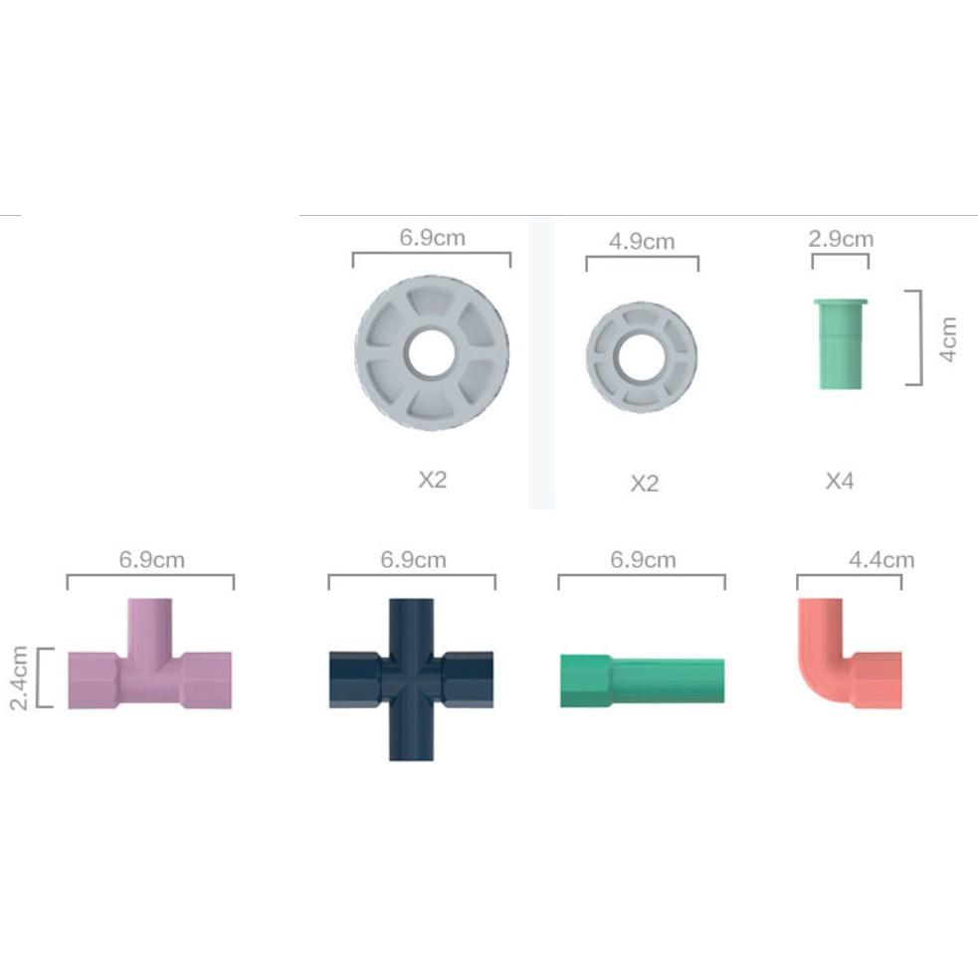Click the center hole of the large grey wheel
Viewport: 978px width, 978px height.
[x=432, y=353]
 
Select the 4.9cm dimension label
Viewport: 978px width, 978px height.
[x=642, y=242]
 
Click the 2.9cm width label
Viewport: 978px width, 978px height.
[x=841, y=239]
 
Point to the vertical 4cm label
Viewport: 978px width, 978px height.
[x=948, y=338]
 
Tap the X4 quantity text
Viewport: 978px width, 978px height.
[x=840, y=481]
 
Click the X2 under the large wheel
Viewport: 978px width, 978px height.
[x=432, y=480]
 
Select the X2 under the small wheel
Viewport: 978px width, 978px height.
[x=645, y=484]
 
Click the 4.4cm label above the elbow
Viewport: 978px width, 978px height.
[x=881, y=560]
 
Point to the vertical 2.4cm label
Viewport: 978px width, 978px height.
[x=19, y=678]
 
